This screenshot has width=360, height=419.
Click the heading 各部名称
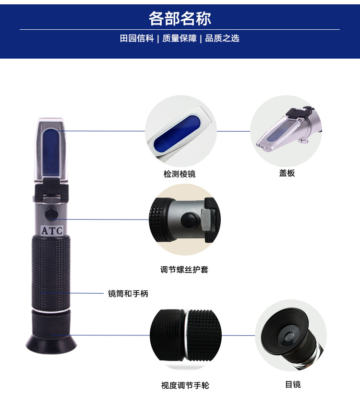tap(180, 18)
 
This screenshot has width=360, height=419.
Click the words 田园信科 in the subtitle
tap(137, 38)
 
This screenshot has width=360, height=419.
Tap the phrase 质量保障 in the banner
tap(180, 38)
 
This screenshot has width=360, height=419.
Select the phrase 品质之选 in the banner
tap(222, 38)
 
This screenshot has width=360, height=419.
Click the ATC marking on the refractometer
tap(52, 231)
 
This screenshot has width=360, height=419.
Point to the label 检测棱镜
tap(180, 174)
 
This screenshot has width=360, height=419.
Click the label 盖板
tap(287, 173)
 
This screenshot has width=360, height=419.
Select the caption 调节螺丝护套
tap(184, 270)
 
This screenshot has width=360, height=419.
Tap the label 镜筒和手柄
tap(128, 294)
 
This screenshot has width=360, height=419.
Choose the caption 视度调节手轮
tap(185, 385)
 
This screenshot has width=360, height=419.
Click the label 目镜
tap(293, 384)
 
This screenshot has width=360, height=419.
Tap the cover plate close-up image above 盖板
tap(286, 131)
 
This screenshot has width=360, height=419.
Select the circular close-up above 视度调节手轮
tap(186, 335)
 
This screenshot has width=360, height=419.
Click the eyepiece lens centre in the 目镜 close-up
tap(289, 336)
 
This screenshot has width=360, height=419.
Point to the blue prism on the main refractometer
tap(51, 151)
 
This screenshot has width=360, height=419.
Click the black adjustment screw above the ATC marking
tap(51, 214)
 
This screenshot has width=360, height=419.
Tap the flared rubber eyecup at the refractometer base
tap(51, 344)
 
